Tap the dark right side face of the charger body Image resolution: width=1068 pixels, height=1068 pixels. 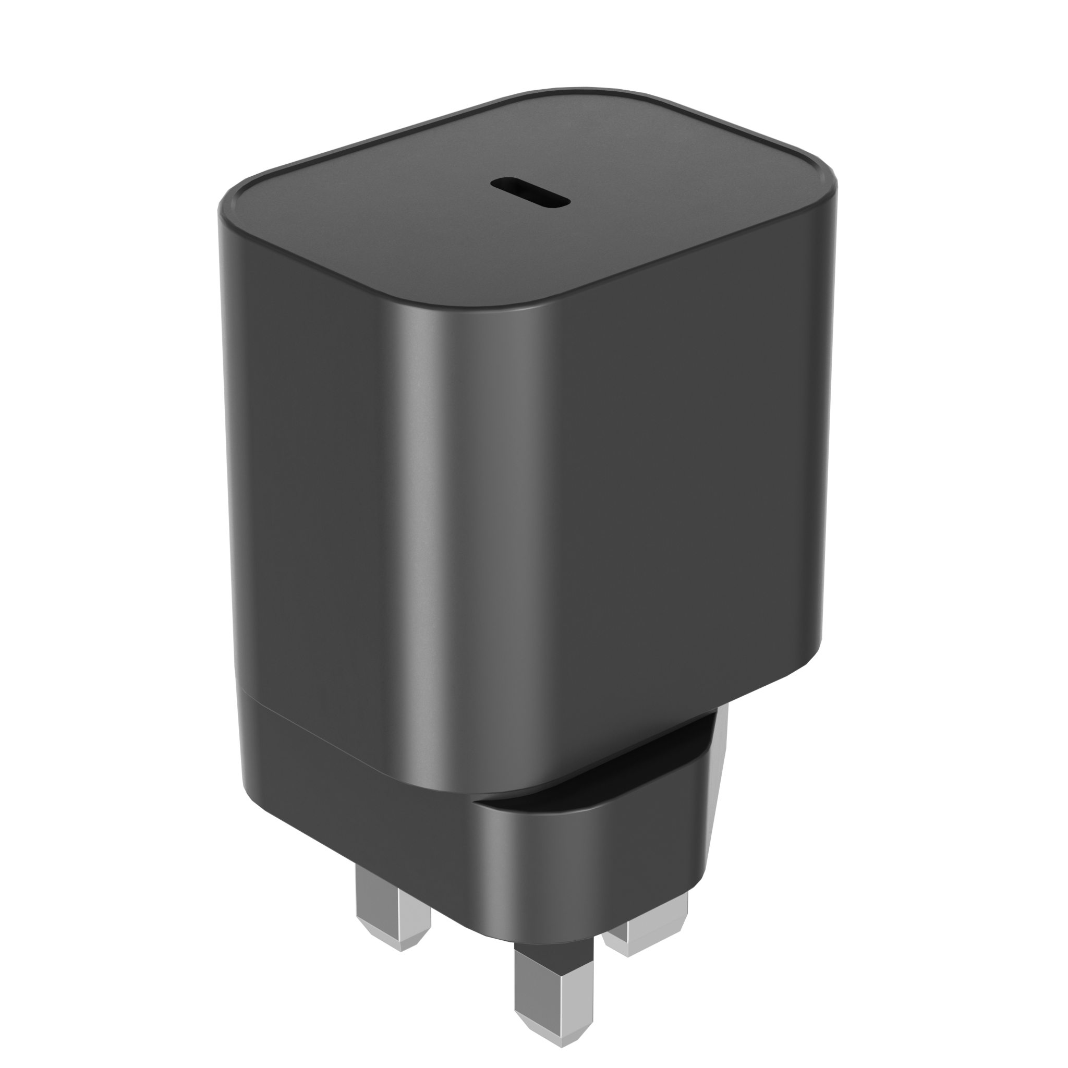[x=691, y=470]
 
